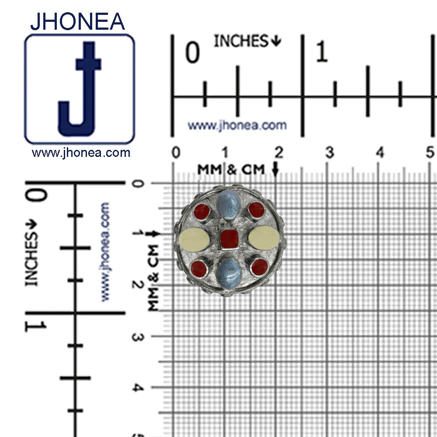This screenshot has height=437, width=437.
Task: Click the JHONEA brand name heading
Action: pos(77,21)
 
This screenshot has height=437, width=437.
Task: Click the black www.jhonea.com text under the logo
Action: pos(81,153)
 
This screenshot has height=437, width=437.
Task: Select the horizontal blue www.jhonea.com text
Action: pos(237,125)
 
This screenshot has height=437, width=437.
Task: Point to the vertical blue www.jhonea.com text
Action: pos(105,251)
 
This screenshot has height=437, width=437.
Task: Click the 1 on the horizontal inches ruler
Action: pos(322,52)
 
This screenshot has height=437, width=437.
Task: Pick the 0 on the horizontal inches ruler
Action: pos(192,52)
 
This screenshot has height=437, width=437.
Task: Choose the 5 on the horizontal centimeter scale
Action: pos(430,153)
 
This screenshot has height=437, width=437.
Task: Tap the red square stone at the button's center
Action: pos(228,239)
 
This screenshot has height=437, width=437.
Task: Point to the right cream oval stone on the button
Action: pos(264,239)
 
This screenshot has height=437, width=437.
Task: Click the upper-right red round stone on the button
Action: pos(256,210)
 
